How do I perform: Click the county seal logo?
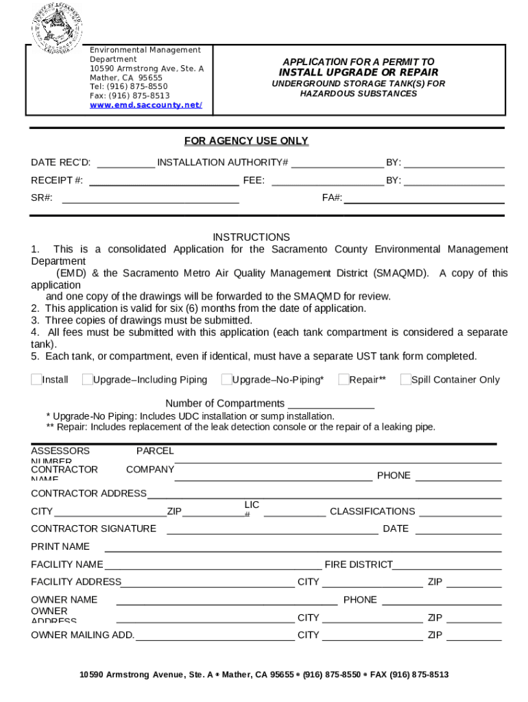(56, 27)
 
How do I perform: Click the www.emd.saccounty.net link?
(145, 105)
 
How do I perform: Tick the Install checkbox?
(36, 379)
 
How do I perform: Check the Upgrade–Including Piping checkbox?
(87, 379)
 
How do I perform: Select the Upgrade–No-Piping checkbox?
(226, 379)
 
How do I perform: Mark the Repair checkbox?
(344, 379)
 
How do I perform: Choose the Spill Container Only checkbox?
(405, 379)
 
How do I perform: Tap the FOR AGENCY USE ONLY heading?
(246, 141)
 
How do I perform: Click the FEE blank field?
(327, 182)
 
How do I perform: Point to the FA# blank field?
(424, 199)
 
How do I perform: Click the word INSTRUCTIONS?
(251, 237)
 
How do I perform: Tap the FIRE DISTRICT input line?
(447, 566)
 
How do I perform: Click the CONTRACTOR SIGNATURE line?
(267, 530)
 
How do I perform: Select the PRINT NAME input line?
(302, 548)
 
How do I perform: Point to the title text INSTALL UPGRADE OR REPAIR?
(358, 73)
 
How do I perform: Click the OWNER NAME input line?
(226, 601)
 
